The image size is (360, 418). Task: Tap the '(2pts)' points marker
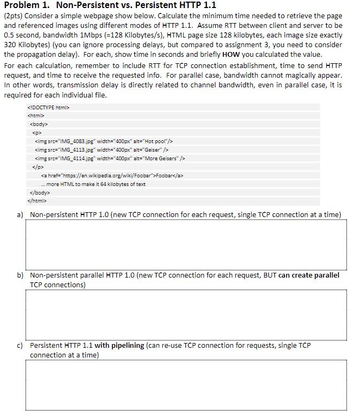13,16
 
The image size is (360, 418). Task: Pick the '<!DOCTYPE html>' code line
48,107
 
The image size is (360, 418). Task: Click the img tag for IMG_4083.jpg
103,141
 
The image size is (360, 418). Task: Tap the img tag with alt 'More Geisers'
109,158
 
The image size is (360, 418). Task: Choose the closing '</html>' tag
37,201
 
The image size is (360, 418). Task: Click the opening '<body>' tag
39,124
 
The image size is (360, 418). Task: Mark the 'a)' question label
20,215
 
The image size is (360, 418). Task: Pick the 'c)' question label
20,346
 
